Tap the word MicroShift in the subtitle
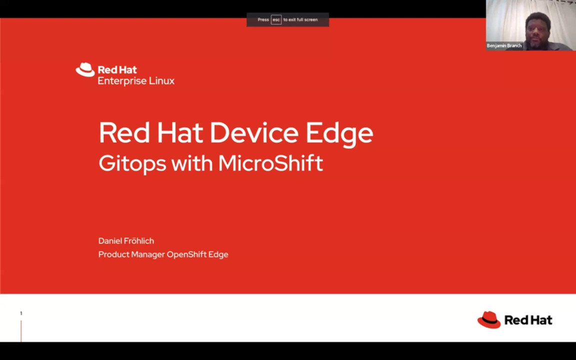coord(270,163)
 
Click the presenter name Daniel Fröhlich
coord(126,241)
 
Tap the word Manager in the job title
coord(147,254)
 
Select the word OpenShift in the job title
coord(185,254)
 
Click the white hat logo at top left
coord(85,69)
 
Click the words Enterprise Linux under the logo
coord(136,81)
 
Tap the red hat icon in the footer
coord(488,320)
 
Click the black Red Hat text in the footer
coord(528,320)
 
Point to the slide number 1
coord(21,313)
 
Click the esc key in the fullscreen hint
coord(276,20)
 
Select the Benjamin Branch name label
coord(504,46)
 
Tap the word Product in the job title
coord(113,254)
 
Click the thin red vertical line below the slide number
coord(21,331)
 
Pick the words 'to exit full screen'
coord(300,20)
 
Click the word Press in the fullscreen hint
coord(263,20)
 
